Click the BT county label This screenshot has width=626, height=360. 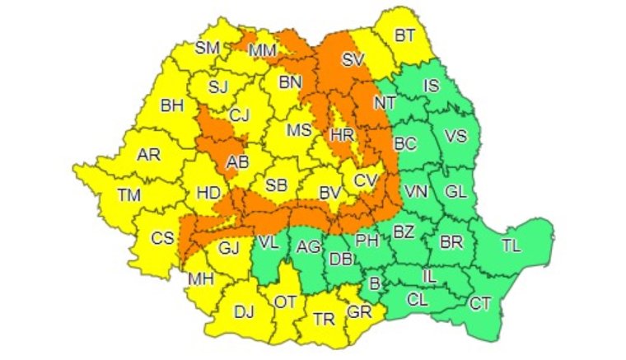coord(404,35)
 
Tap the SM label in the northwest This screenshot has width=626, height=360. coord(207,47)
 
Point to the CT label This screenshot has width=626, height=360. coord(480,303)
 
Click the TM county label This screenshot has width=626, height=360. coord(128,195)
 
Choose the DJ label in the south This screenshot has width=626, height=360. coord(244,311)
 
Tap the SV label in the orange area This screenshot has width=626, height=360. coord(353,59)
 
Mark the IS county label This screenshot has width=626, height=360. coord(431,85)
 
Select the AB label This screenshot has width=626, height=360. coord(237,161)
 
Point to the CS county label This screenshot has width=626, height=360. coord(162,238)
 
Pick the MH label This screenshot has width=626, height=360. coord(201,278)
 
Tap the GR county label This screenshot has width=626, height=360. coord(360,313)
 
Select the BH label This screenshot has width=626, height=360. coord(172,105)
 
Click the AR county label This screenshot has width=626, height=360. coord(148,154)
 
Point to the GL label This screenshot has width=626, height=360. coord(455,190)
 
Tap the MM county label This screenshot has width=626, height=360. coord(263,51)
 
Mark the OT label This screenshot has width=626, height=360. coord(285,302)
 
